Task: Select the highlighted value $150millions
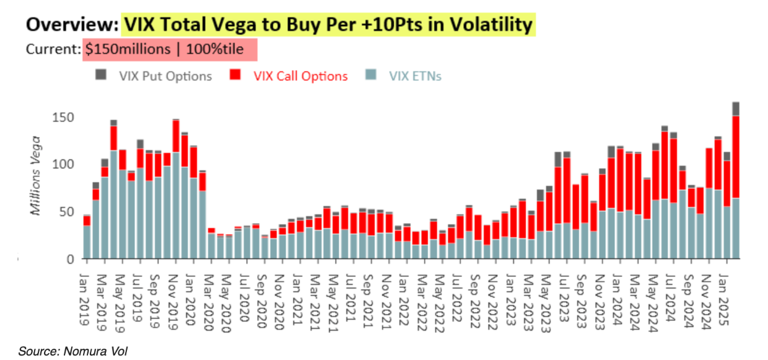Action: pyautogui.click(x=128, y=50)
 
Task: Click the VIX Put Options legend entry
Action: pyautogui.click(x=165, y=76)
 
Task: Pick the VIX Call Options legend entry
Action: pyautogui.click(x=301, y=76)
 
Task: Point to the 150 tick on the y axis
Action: pyautogui.click(x=64, y=117)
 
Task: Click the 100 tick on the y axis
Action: pyautogui.click(x=64, y=164)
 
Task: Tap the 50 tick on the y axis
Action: pyautogui.click(x=67, y=211)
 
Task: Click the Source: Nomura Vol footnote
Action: pyautogui.click(x=72, y=351)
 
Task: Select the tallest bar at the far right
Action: pyautogui.click(x=736, y=180)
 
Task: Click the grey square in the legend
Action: pyautogui.click(x=100, y=75)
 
